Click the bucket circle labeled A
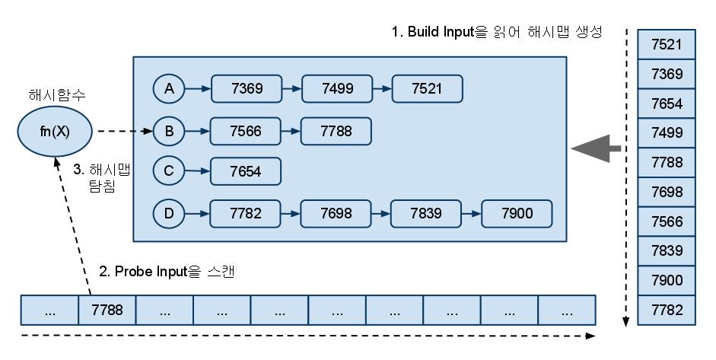click(x=169, y=89)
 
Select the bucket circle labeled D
click(x=169, y=214)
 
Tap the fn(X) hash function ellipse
click(x=55, y=132)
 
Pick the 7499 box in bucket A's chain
click(x=337, y=89)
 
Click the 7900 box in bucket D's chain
click(x=517, y=214)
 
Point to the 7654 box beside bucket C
click(x=246, y=172)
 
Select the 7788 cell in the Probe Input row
click(x=107, y=311)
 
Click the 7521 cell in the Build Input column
click(x=667, y=44)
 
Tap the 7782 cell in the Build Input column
click(x=667, y=311)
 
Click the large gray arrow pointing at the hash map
click(x=597, y=148)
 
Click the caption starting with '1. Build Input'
click(x=497, y=32)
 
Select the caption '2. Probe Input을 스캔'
click(x=167, y=271)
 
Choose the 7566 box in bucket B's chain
click(x=246, y=132)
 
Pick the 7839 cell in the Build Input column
click(x=667, y=251)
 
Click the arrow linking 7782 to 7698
click(x=291, y=214)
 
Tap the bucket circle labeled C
click(x=169, y=172)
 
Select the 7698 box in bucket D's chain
click(x=337, y=214)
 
